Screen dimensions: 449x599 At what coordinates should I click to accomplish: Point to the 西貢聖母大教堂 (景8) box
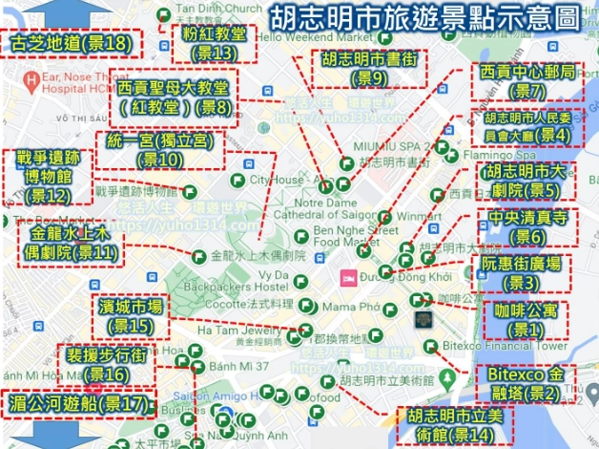176,98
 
